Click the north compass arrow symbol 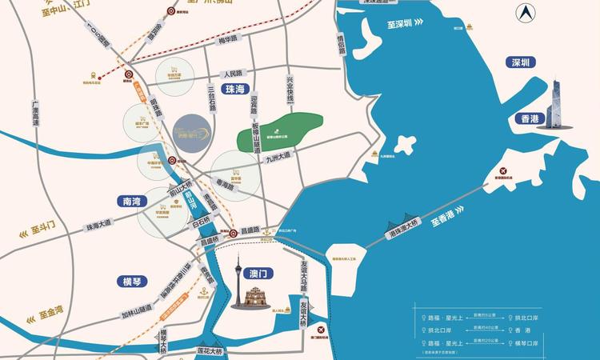tap(526, 14)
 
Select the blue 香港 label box tap(530, 118)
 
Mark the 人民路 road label tap(238, 72)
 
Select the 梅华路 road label tap(230, 38)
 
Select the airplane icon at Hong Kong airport tap(502, 171)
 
